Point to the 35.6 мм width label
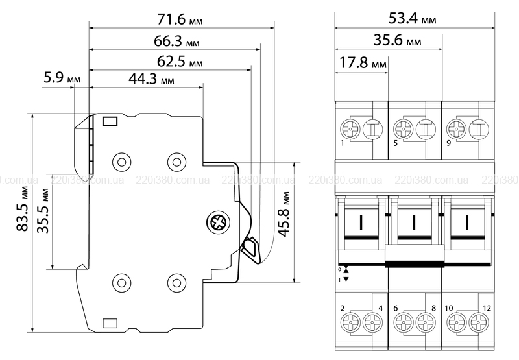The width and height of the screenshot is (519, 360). (x=398, y=42)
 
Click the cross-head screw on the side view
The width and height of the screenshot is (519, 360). (x=218, y=224)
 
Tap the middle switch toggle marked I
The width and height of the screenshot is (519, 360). (x=414, y=224)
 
